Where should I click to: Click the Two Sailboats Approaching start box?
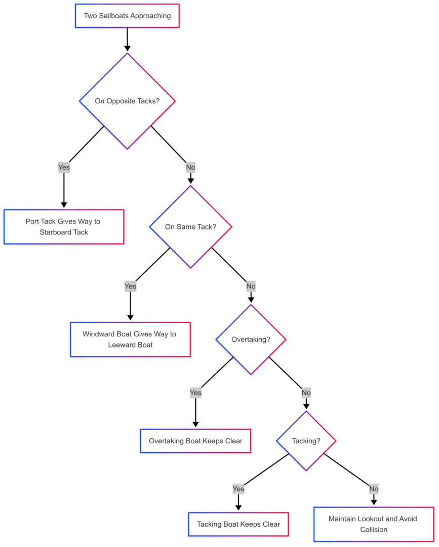(x=127, y=16)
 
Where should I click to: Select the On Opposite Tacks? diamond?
(x=127, y=101)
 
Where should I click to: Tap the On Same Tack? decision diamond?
(x=191, y=227)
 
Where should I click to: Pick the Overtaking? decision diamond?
(x=251, y=339)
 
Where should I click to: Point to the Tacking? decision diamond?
(x=306, y=441)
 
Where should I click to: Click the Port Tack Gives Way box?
(x=64, y=227)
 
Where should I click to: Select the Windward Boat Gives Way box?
(x=131, y=339)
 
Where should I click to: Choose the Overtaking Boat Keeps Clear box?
(x=195, y=441)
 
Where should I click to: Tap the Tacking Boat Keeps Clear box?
(x=238, y=524)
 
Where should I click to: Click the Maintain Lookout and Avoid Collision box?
(x=374, y=524)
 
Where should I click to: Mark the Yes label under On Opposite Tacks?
(x=64, y=167)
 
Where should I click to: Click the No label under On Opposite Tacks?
(x=191, y=167)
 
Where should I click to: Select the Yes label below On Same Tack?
(x=131, y=286)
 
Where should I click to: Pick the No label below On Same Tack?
(x=251, y=286)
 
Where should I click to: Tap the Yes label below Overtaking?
(x=195, y=393)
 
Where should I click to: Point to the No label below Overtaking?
(x=306, y=393)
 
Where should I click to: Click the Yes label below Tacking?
(x=238, y=489)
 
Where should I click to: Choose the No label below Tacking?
(x=374, y=489)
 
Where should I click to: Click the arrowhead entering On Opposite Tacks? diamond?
(x=127, y=48)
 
